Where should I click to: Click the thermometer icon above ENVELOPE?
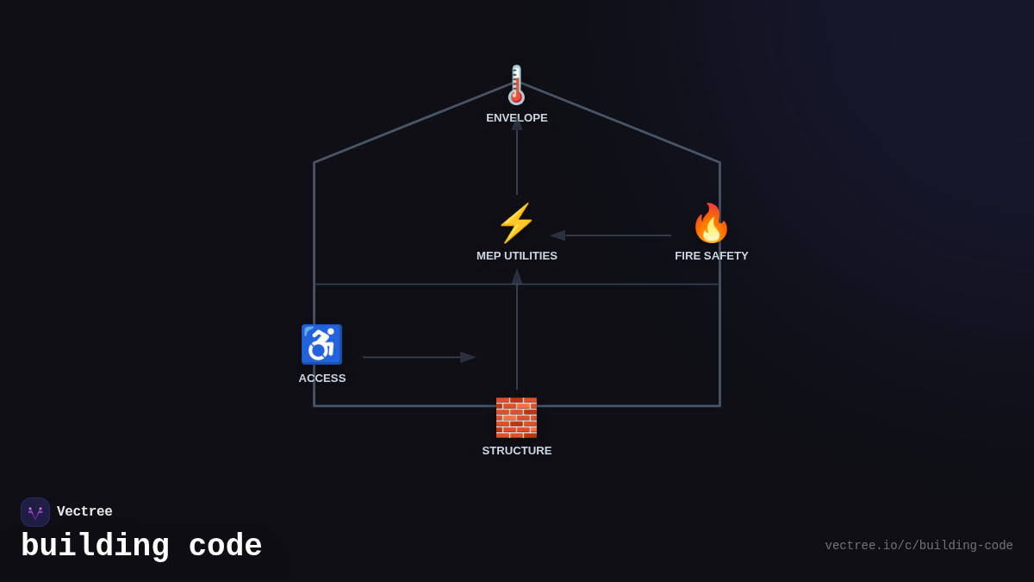point(516,85)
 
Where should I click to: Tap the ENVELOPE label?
point(517,118)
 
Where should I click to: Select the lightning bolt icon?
point(516,223)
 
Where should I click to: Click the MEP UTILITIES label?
point(517,256)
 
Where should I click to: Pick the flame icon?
point(711,223)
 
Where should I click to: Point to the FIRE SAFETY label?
point(711,256)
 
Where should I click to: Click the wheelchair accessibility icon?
point(321,345)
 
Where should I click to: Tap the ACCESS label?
point(322,379)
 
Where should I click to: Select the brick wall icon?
point(516,417)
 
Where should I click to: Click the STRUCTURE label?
point(517,451)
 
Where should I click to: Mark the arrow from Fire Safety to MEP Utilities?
point(612,235)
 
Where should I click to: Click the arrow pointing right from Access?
point(419,357)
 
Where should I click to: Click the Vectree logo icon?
point(35,512)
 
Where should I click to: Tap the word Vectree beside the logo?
point(84,512)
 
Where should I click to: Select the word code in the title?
point(225,547)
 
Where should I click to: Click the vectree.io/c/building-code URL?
point(919,546)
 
